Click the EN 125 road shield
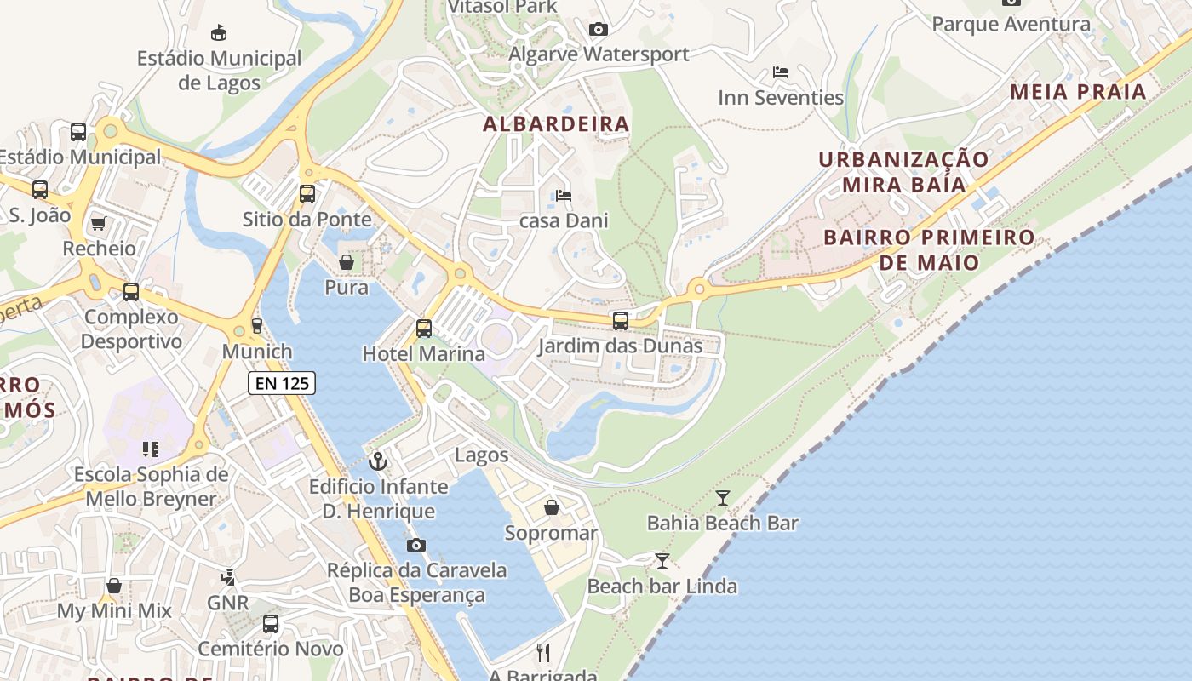[282, 383]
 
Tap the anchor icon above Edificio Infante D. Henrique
[377, 462]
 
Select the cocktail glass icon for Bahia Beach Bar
[723, 498]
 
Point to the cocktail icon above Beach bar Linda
[662, 561]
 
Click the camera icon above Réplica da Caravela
[416, 546]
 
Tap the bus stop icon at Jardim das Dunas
[621, 321]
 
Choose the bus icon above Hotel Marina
[424, 328]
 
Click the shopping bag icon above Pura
[347, 262]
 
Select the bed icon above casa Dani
[564, 196]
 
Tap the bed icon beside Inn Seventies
[781, 72]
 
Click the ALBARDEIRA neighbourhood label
[556, 124]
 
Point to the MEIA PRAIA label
[1078, 92]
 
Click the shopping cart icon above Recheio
[99, 224]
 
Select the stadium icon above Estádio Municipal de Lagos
[219, 33]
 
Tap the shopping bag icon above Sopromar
[552, 508]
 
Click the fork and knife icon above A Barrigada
[543, 653]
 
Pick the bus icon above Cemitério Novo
[271, 624]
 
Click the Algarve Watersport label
[599, 54]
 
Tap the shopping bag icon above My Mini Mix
[114, 586]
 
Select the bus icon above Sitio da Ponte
[307, 194]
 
